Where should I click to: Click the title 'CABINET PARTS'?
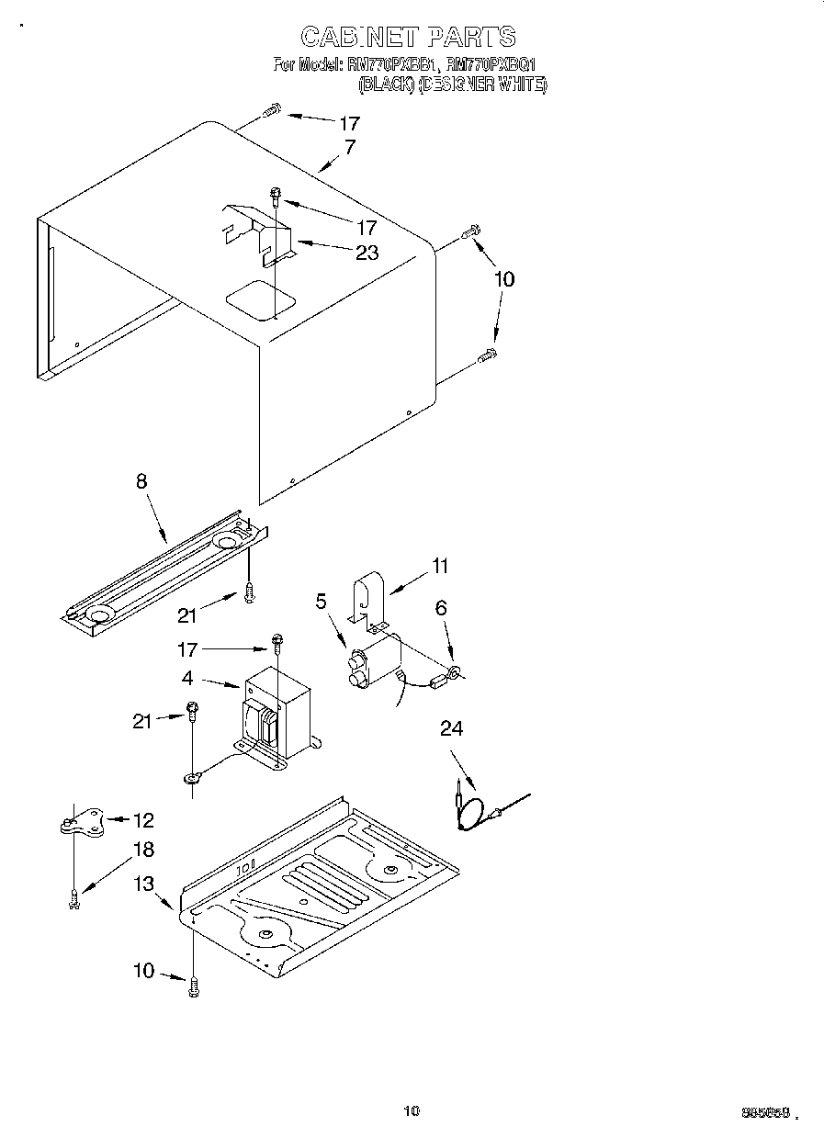[x=408, y=37]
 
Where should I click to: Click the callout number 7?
[x=350, y=146]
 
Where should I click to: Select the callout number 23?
[x=367, y=253]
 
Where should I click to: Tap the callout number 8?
[x=141, y=480]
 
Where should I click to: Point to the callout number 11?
[x=440, y=566]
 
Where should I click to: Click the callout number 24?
[x=440, y=607]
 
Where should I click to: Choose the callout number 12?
[x=143, y=820]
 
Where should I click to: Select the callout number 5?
[x=321, y=602]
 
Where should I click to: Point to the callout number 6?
[x=441, y=607]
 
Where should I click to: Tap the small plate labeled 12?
[x=80, y=821]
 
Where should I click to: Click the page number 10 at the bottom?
[x=411, y=1110]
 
